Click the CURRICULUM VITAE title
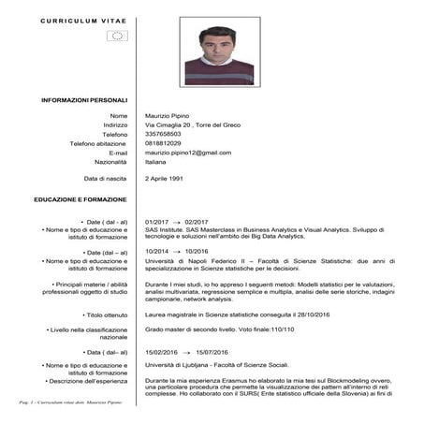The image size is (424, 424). click(83, 19)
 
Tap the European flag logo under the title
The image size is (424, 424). click(117, 37)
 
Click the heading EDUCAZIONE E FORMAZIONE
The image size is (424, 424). click(80, 200)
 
